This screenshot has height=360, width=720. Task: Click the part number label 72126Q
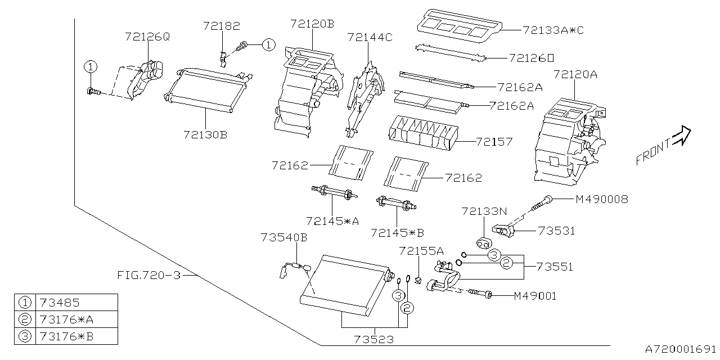[147, 37]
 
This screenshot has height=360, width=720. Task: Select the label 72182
[222, 26]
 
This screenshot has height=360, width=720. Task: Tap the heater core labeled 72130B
[205, 89]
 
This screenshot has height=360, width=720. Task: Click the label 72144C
[370, 37]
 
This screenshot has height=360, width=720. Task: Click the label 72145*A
[332, 220]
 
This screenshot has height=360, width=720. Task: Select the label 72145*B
[397, 232]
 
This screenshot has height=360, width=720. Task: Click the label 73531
[556, 231]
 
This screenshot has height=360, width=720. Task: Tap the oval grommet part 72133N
[483, 242]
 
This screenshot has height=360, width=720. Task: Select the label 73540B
[284, 237]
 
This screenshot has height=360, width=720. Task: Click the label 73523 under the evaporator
[374, 340]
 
